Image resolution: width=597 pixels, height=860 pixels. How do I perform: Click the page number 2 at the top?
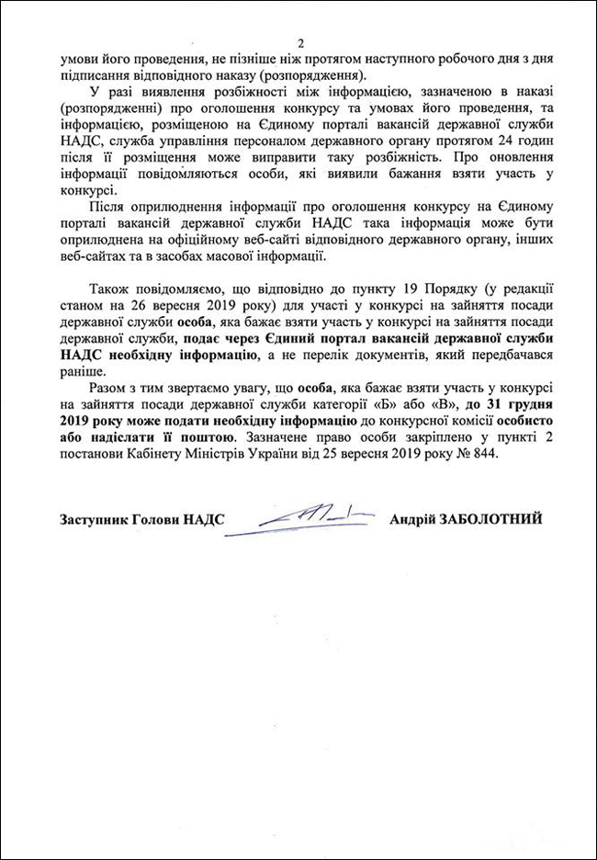pyautogui.click(x=299, y=43)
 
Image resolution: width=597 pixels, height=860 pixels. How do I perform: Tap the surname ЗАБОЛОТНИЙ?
pyautogui.click(x=494, y=519)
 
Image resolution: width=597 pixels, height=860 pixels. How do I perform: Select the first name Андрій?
pyautogui.click(x=414, y=519)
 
